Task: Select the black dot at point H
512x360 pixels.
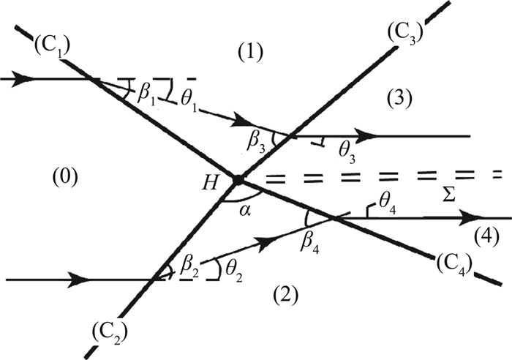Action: point(237,179)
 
